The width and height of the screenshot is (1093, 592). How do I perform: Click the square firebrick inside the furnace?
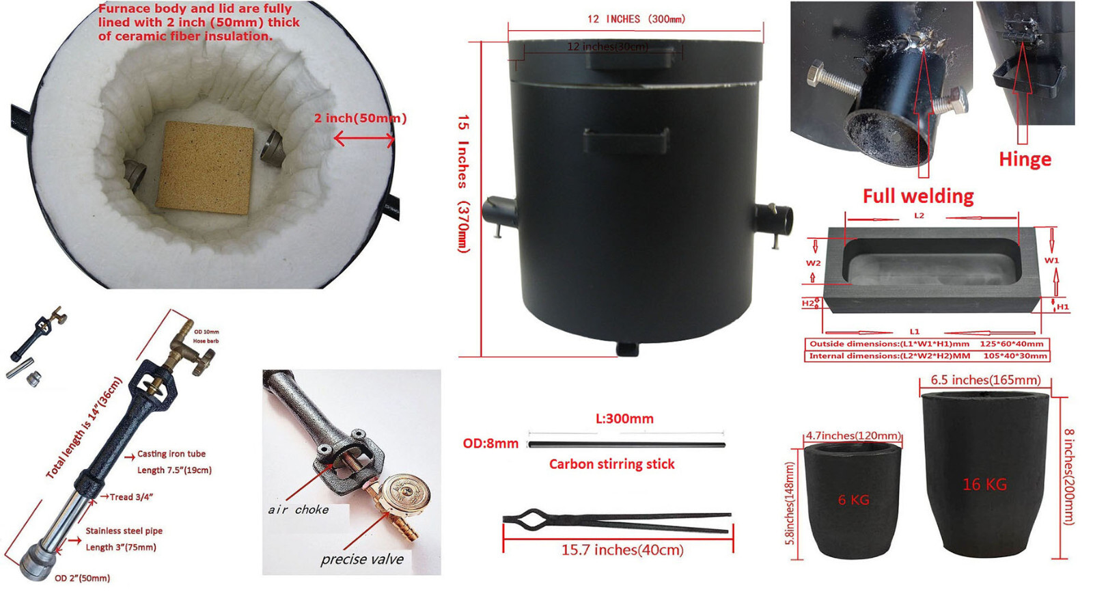[x=205, y=167]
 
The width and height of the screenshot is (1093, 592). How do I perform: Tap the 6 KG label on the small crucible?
[x=853, y=500]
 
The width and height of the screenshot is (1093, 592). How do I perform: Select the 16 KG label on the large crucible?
[x=984, y=485]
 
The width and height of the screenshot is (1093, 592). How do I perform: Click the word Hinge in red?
[x=1025, y=159]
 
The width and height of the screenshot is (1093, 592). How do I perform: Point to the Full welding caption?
[x=917, y=196]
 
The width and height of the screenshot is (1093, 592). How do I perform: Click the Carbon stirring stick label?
[x=611, y=464]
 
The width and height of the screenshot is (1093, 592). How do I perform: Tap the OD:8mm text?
[x=490, y=444]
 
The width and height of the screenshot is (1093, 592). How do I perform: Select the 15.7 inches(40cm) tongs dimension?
[x=622, y=550]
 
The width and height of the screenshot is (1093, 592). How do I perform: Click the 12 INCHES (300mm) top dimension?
[x=635, y=19]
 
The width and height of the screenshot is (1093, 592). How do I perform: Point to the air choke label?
[x=298, y=510]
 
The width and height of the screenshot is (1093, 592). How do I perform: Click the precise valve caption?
[x=362, y=559]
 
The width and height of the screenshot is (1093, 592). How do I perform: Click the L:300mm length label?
[x=624, y=418]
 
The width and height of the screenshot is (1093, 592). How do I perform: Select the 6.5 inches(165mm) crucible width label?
[x=985, y=380]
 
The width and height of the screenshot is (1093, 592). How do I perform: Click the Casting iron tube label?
[x=171, y=454]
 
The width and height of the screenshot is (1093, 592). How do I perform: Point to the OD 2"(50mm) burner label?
[x=82, y=578]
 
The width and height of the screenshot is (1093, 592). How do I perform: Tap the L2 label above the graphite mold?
[x=919, y=215]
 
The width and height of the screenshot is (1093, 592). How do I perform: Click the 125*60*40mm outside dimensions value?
[x=1011, y=344]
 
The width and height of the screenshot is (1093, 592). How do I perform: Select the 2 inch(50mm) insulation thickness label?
[x=360, y=118]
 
